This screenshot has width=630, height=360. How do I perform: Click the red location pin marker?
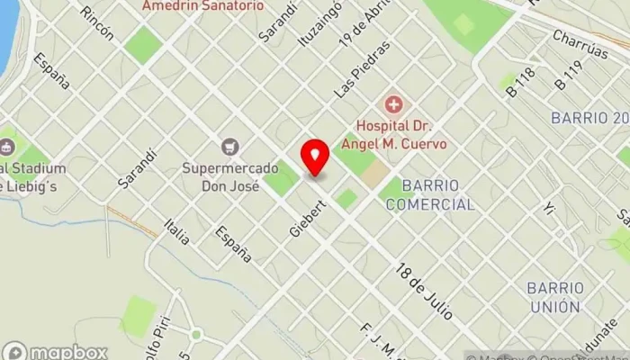click(x=315, y=157)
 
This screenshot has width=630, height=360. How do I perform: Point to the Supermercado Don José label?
click(x=220, y=177)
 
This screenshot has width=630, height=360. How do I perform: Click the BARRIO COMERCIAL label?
click(x=429, y=194)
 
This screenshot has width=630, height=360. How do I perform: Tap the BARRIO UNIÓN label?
click(x=553, y=297)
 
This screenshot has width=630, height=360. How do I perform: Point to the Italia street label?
click(x=177, y=230)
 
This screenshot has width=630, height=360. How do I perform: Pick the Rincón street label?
click(x=97, y=23)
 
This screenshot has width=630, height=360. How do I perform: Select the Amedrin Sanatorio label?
click(x=203, y=5)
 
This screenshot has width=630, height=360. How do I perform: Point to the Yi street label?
click(x=550, y=210)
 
